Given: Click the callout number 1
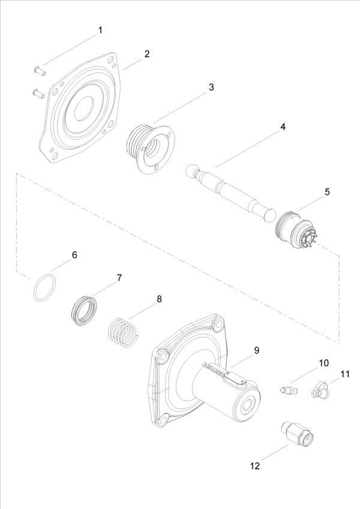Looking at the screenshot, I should pyautogui.click(x=100, y=30).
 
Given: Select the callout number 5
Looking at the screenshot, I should pyautogui.click(x=327, y=192).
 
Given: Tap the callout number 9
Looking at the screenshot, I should pyautogui.click(x=256, y=351).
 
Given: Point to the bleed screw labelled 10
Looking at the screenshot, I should pyautogui.click(x=288, y=391).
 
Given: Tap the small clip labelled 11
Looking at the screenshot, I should pyautogui.click(x=319, y=391).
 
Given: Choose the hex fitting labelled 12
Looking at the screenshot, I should pyautogui.click(x=296, y=433).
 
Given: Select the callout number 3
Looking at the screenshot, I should pyautogui.click(x=211, y=87).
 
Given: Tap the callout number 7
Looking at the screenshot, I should pyautogui.click(x=119, y=278).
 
